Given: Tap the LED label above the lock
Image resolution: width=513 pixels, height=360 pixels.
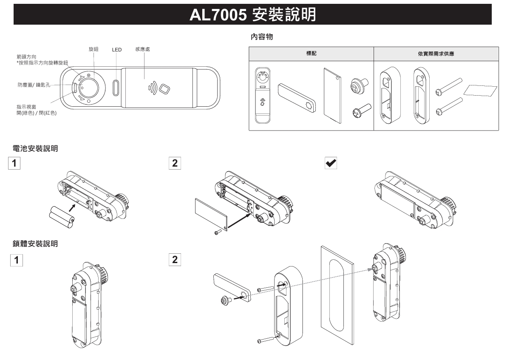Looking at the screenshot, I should [x=116, y=50].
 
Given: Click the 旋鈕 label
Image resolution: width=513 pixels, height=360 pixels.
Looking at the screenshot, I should [x=94, y=49].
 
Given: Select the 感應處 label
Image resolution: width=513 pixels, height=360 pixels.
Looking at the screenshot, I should [x=142, y=49].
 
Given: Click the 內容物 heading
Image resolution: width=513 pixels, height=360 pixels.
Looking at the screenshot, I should [x=262, y=37].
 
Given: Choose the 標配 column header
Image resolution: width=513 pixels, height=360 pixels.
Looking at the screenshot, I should [x=311, y=54].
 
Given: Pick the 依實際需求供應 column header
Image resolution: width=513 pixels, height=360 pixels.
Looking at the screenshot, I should [x=436, y=54].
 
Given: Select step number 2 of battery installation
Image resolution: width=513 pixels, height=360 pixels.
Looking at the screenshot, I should [x=174, y=163].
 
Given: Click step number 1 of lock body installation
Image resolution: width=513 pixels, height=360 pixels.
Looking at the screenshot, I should [x=17, y=260].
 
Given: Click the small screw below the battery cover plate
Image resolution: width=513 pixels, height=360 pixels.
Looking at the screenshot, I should [x=218, y=231].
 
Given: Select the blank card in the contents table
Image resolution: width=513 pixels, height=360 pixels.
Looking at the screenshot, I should [x=482, y=91].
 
